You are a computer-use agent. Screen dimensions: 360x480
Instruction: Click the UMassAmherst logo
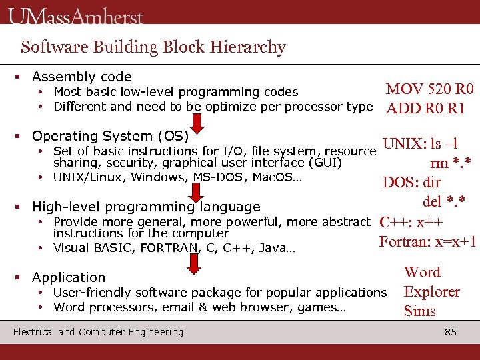point(76,15)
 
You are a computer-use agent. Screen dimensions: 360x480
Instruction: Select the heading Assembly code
point(81,77)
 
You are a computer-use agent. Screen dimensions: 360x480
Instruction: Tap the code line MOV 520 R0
point(430,89)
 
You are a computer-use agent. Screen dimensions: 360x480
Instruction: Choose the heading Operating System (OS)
point(110,136)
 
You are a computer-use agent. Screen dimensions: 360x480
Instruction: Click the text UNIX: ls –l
point(419,143)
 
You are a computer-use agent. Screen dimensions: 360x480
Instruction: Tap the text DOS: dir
point(411,183)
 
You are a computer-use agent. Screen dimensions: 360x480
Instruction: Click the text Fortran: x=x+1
point(427,241)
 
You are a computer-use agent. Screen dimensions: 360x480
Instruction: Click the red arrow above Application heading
point(194,263)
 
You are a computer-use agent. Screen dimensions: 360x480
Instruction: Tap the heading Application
point(69,277)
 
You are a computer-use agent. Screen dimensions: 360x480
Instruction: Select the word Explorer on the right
point(432,291)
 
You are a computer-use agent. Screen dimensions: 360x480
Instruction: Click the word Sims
point(420,311)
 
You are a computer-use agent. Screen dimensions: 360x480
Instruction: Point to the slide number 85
point(451,332)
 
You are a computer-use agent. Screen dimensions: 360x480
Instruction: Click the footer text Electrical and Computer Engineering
point(98,332)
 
